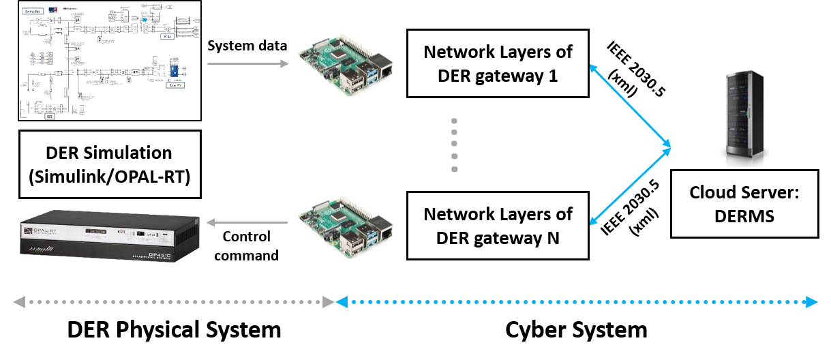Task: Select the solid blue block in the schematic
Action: (174, 70)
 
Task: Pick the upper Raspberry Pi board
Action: (346, 63)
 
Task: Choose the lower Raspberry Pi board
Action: (346, 225)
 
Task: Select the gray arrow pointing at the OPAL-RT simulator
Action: (247, 222)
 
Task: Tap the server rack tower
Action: (744, 118)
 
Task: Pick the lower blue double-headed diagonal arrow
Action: (630, 185)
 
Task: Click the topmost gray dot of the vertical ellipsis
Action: (454, 121)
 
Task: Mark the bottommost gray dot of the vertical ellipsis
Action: (454, 169)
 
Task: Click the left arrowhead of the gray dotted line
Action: (19, 302)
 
